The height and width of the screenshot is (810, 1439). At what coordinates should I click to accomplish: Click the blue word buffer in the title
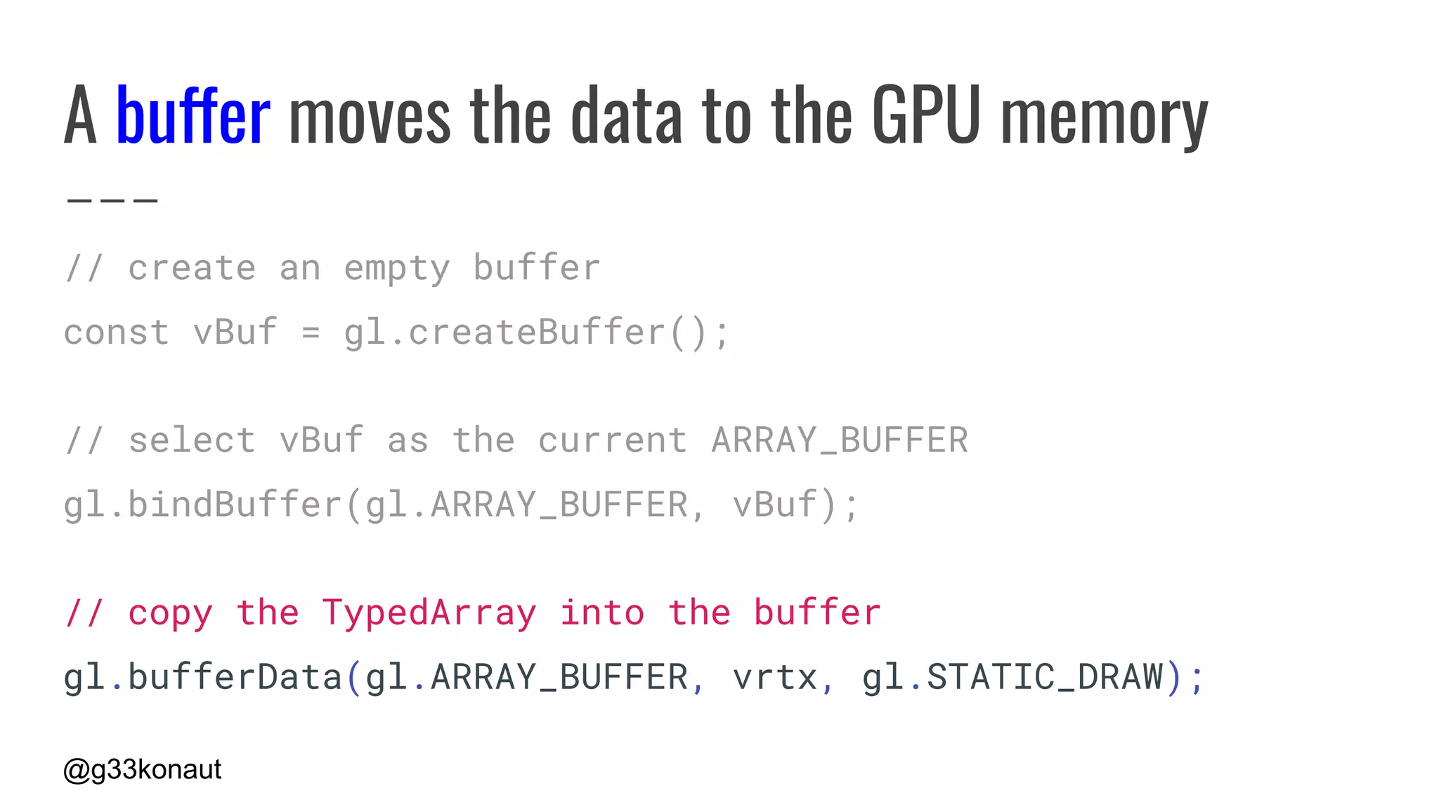tap(193, 115)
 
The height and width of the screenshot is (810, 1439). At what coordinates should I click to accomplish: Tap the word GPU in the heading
tap(926, 115)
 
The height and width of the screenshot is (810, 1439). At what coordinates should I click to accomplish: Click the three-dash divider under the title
tap(112, 200)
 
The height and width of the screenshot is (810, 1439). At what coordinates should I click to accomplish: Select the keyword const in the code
tap(117, 332)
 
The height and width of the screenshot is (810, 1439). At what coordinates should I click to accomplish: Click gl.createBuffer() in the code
tap(537, 332)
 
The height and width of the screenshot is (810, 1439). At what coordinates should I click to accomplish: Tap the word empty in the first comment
tap(397, 269)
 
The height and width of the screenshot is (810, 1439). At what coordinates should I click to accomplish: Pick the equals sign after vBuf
tap(311, 333)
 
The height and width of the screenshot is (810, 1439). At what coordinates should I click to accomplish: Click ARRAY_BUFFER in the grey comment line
tap(840, 441)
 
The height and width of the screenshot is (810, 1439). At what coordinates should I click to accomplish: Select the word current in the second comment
tap(613, 441)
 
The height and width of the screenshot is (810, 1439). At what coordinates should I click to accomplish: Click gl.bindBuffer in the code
tap(202, 505)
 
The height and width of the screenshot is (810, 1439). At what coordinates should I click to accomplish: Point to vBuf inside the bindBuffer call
tap(775, 505)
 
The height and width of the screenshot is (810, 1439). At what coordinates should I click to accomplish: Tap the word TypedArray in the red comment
tap(429, 612)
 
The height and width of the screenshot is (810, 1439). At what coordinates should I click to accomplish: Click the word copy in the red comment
tap(170, 614)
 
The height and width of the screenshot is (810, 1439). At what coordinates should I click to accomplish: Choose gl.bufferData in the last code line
tap(202, 677)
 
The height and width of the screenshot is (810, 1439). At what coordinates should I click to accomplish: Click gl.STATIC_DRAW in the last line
tap(1012, 677)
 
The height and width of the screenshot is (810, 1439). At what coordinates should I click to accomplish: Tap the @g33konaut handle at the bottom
tap(143, 770)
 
